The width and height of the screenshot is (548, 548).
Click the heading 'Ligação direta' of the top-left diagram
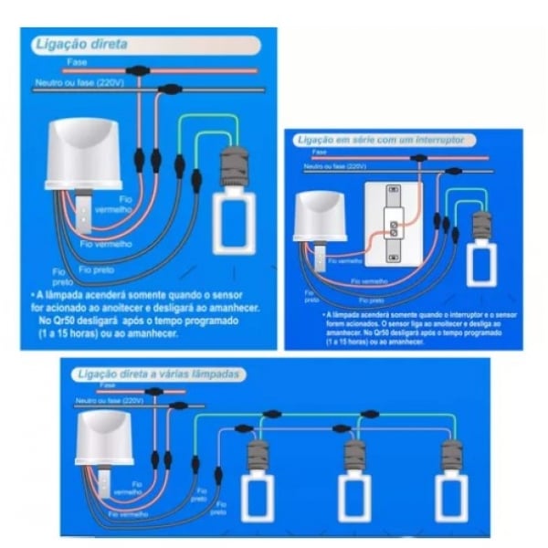coord(79,44)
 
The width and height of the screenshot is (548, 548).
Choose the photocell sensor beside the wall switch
coord(319,216)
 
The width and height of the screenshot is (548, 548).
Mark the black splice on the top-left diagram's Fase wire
coord(138,69)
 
